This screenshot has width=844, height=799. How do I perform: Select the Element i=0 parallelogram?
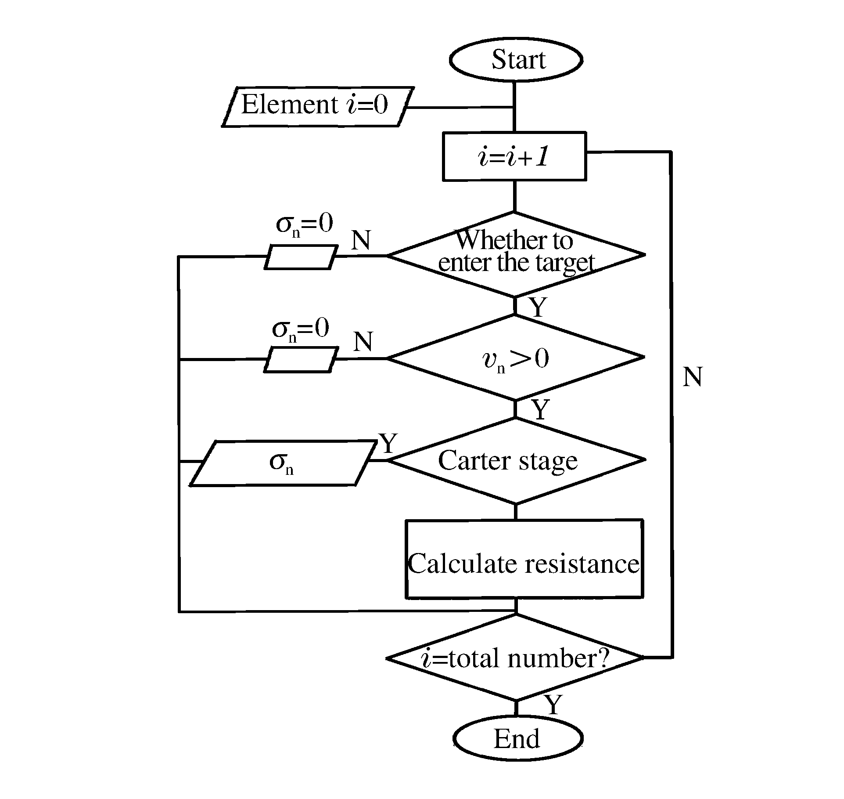[317, 106]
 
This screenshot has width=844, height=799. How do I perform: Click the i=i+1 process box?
[514, 156]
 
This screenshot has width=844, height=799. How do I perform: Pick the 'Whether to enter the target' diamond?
[516, 254]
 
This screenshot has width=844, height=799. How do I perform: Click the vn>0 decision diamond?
[516, 358]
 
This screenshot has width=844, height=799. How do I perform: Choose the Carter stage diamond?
[517, 460]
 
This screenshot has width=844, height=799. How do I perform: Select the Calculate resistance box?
[524, 559]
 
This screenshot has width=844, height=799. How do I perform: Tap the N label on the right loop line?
[692, 377]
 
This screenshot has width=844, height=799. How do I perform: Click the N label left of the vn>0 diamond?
[363, 342]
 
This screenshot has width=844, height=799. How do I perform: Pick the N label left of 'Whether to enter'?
[361, 240]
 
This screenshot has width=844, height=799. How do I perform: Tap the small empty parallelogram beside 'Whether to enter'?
[301, 257]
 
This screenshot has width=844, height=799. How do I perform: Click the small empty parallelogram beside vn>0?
[301, 360]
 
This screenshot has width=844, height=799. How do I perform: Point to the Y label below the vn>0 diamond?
[540, 409]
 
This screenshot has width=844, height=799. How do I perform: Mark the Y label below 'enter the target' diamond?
[538, 307]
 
